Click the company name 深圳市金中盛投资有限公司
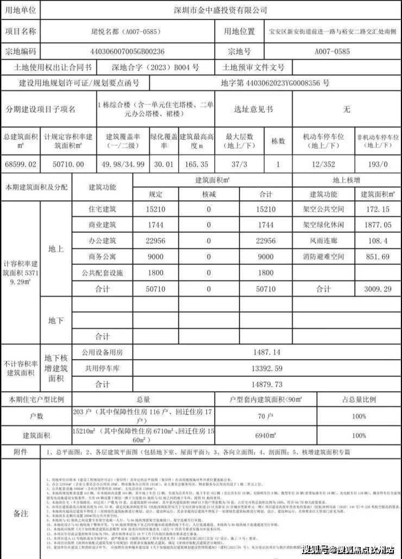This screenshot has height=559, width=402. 220,10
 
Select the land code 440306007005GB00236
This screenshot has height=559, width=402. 129,52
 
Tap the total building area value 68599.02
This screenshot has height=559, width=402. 20,164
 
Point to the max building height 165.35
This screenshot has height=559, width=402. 196,164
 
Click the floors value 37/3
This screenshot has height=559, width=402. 236,164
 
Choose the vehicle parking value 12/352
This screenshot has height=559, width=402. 323,164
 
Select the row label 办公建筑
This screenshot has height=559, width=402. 102,241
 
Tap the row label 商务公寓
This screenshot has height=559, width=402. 102,257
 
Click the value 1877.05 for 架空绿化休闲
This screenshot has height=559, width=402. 378,225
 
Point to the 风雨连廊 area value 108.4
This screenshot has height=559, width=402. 378,241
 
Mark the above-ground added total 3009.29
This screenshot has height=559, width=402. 378,289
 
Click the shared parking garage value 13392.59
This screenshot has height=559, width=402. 266,369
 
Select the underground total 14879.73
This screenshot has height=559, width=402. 266,384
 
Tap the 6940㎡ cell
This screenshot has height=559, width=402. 266,435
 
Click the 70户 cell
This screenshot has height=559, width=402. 266,416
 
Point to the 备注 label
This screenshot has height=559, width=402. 20,513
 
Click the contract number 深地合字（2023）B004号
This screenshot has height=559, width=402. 155,68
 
